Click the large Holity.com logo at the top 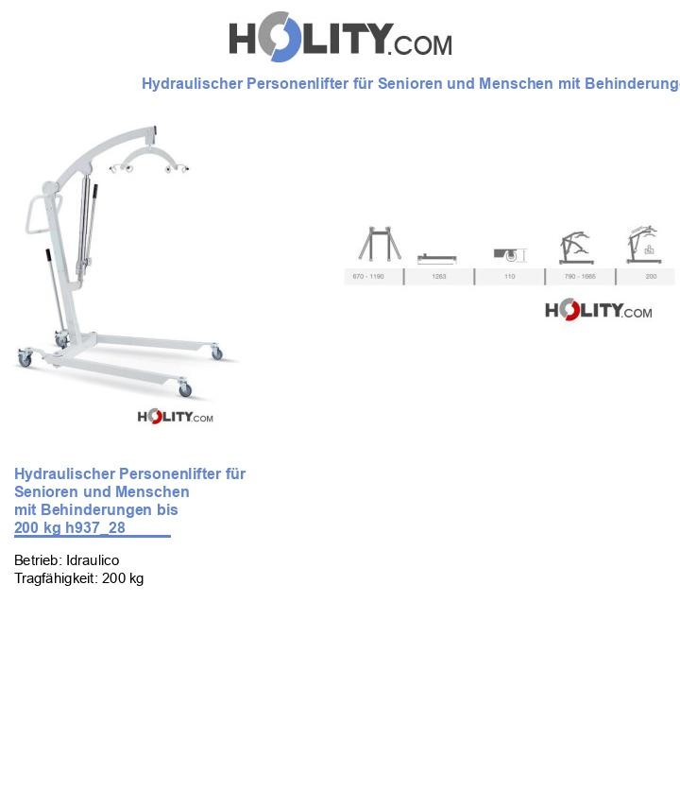tap(340, 37)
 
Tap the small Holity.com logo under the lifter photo tap(176, 417)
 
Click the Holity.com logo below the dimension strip tap(598, 310)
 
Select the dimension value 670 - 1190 tap(368, 277)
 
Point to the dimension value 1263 tap(438, 277)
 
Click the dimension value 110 tap(509, 277)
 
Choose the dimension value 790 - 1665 tap(580, 277)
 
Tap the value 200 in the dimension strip tap(651, 277)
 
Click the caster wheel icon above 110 tap(509, 254)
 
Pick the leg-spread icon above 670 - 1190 tap(379, 244)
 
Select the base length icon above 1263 tap(437, 258)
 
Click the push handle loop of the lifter tap(35, 216)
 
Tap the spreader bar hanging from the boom tap(149, 159)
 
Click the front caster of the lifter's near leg tap(185, 388)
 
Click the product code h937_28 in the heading tap(95, 527)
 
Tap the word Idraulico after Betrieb tap(93, 560)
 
